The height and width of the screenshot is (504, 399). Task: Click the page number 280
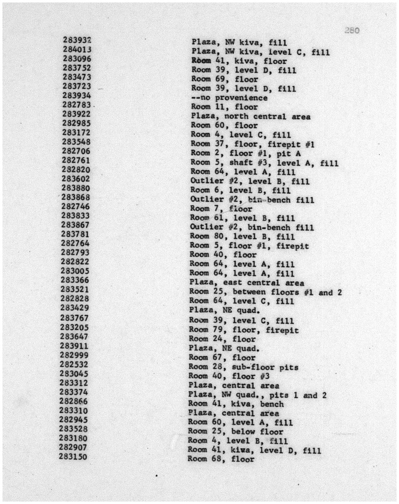point(352,30)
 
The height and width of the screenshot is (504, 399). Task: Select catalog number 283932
point(77,40)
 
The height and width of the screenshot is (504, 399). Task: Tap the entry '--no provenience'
point(229,98)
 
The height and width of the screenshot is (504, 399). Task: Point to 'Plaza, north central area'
point(251,117)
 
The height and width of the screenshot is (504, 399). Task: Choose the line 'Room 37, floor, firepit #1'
point(252,144)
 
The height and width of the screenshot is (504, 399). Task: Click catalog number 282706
point(76,151)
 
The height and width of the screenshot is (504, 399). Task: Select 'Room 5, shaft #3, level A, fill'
point(264,163)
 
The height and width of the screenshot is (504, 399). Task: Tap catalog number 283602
point(76,179)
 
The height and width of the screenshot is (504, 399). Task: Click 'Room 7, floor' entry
point(221,209)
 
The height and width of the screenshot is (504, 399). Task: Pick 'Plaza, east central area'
point(246,283)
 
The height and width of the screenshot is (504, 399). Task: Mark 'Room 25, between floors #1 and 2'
point(265,292)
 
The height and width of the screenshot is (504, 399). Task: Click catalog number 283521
point(75,290)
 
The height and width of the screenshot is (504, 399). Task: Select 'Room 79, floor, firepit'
point(244,330)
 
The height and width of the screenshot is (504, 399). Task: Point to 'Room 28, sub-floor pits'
point(243,367)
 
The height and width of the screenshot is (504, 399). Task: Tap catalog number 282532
point(74,364)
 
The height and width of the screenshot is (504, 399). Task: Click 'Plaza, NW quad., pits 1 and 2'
point(257,395)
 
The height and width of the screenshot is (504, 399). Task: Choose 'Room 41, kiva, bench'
point(236,404)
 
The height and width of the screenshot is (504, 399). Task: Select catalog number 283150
point(73,457)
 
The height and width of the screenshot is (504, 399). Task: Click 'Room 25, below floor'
point(236,431)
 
